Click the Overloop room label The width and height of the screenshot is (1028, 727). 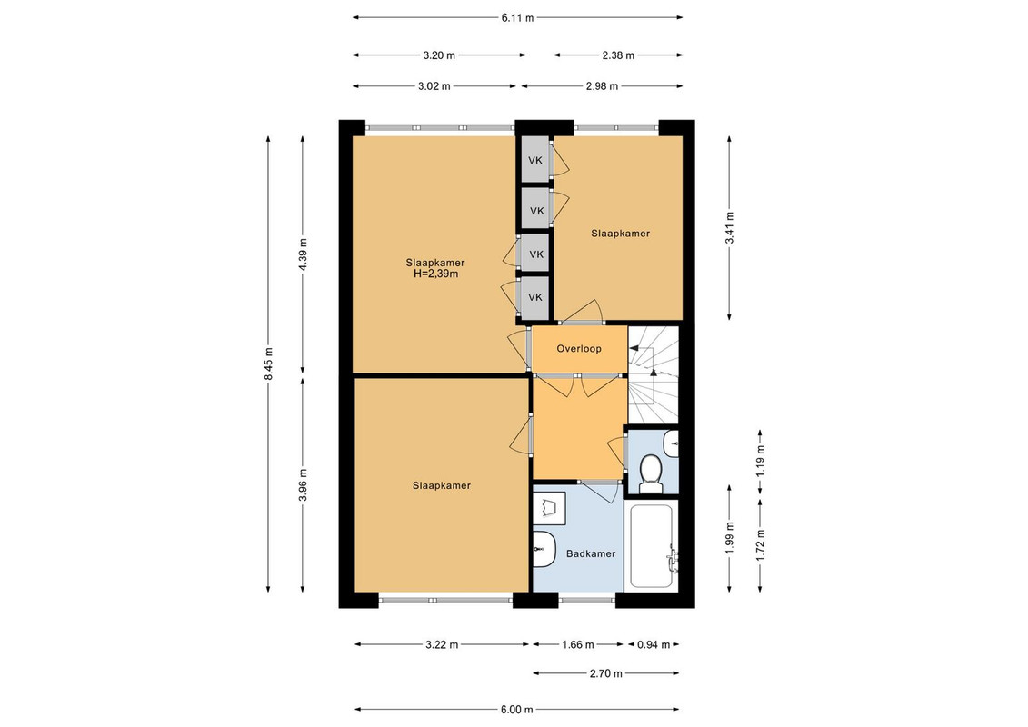coord(579,349)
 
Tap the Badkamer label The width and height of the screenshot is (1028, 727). coord(591,554)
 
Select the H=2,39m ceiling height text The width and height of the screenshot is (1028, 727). coord(435,274)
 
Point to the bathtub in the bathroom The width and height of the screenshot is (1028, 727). coord(651,545)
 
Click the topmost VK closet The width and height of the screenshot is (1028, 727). coord(535,159)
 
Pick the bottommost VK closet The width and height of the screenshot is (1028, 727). coord(535,298)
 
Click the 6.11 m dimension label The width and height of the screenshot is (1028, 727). coord(517,18)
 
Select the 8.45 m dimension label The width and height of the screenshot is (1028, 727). coord(268,363)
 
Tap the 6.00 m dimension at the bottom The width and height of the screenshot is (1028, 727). coord(516,710)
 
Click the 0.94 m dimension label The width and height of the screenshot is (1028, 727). coord(654,645)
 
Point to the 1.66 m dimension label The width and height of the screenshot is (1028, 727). coord(577,645)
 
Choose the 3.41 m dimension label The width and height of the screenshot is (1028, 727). coord(729,228)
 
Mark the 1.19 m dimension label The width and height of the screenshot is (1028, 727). coord(761,462)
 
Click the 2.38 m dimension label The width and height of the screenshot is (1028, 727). coord(618,55)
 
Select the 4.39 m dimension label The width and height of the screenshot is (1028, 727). coord(303,255)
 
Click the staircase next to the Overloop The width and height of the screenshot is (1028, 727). coord(653,375)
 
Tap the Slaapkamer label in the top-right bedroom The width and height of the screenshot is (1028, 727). coord(620,234)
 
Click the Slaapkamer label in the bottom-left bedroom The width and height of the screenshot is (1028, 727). coord(441,486)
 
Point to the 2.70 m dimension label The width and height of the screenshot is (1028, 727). coord(605,673)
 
